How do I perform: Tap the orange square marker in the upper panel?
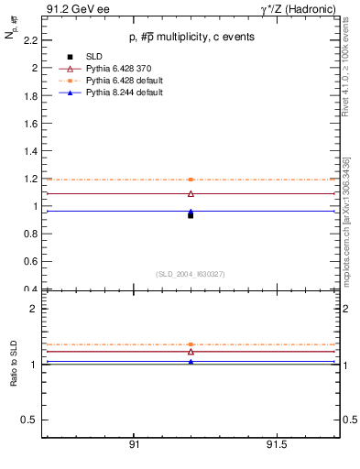pos(191,180)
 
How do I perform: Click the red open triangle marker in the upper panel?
pos(191,193)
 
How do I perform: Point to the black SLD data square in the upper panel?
pos(191,215)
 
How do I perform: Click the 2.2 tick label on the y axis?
pos(30,40)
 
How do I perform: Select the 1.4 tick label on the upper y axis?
pos(30,151)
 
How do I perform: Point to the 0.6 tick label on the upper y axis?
pos(30,262)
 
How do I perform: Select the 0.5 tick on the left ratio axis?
pos(30,420)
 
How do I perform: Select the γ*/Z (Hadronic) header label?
pos(299,10)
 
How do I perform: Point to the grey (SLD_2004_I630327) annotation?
pos(191,273)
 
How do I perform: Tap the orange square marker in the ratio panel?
pos(191,344)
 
